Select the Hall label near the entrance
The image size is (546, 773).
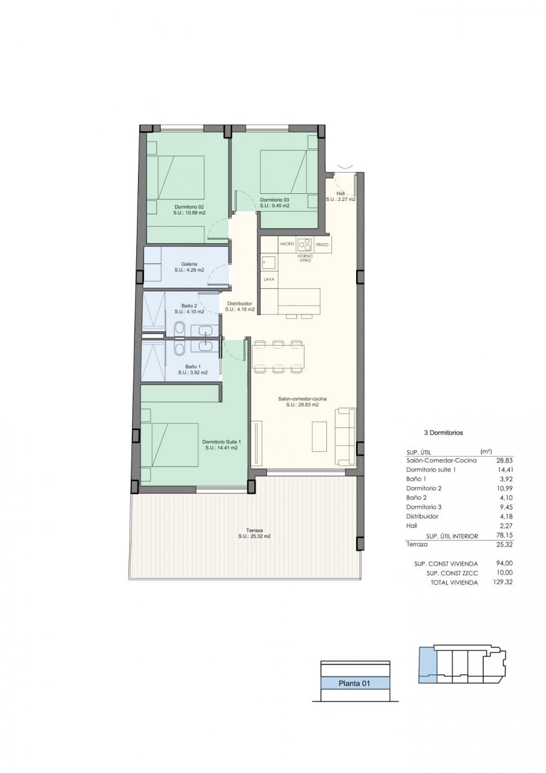pyautogui.click(x=340, y=193)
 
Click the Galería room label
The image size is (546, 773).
pyautogui.click(x=189, y=264)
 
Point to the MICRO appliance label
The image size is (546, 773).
pyautogui.click(x=287, y=243)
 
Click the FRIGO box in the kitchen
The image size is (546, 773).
pyautogui.click(x=322, y=245)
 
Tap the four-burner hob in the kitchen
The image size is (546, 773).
pyautogui.click(x=304, y=244)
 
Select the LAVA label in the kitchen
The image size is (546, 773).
pyautogui.click(x=269, y=279)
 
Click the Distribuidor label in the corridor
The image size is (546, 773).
pyautogui.click(x=240, y=304)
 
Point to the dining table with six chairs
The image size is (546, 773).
pyautogui.click(x=278, y=357)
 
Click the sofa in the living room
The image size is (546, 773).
pyautogui.click(x=345, y=436)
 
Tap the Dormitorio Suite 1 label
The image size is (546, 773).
pyautogui.click(x=221, y=442)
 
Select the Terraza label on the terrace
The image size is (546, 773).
pyautogui.click(x=255, y=530)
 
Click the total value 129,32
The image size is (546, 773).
pyautogui.click(x=503, y=582)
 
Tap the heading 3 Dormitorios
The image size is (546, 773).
pyautogui.click(x=443, y=432)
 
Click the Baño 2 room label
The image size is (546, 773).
pyautogui.click(x=189, y=305)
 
